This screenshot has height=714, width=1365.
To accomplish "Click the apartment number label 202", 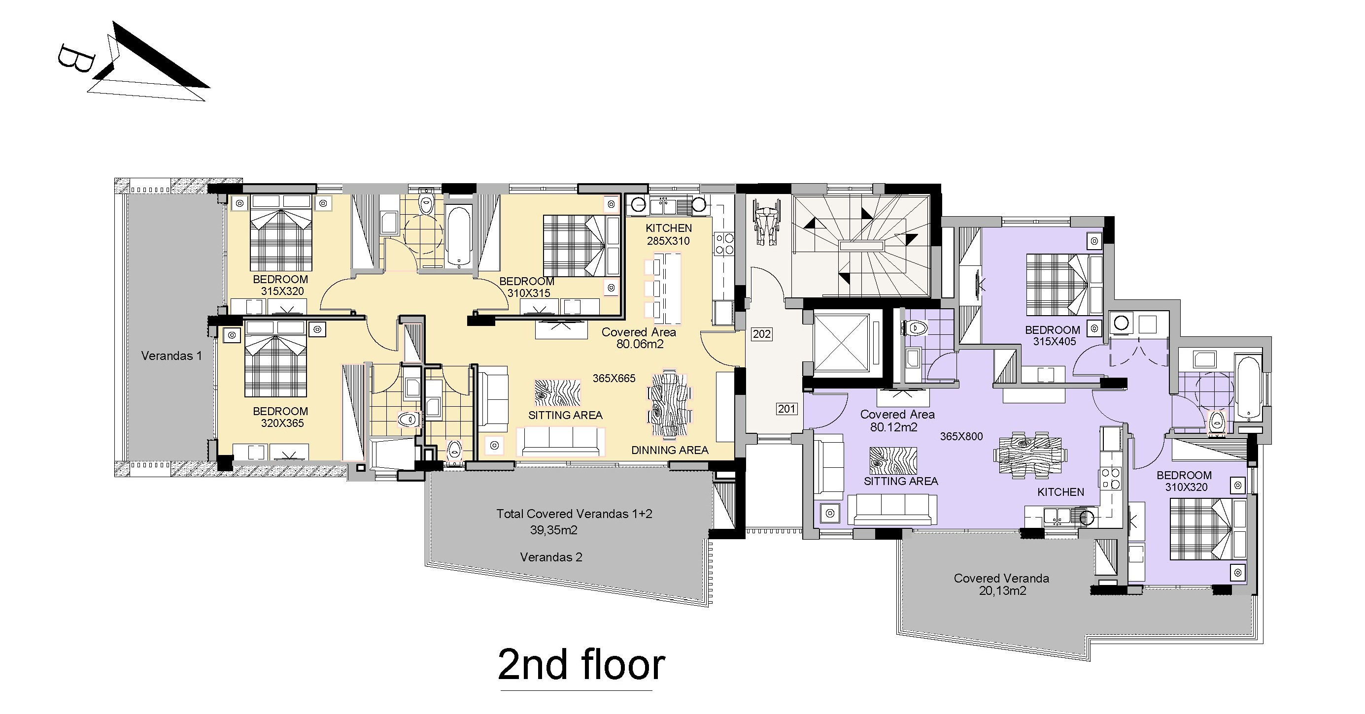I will pos(761,334).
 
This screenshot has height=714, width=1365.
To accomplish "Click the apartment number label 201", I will pos(786,409).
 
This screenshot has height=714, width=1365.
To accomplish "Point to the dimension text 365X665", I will pos(614,378).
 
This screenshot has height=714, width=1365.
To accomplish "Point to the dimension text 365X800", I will pos(961,436).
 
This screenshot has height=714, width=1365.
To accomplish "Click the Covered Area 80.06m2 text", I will pos(639,338).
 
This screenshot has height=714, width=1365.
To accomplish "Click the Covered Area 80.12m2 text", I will pos(897,421).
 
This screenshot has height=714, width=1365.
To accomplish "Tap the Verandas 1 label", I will pos(171,356).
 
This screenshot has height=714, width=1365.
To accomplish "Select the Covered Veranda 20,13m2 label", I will pos(1001,584).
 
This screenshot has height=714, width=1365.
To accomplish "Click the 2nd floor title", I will pos(581,665).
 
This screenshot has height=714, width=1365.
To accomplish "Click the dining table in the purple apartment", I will pos(1029,455).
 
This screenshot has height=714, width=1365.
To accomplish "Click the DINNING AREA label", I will pos(669,450).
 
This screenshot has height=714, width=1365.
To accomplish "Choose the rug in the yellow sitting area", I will pos(557,392).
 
